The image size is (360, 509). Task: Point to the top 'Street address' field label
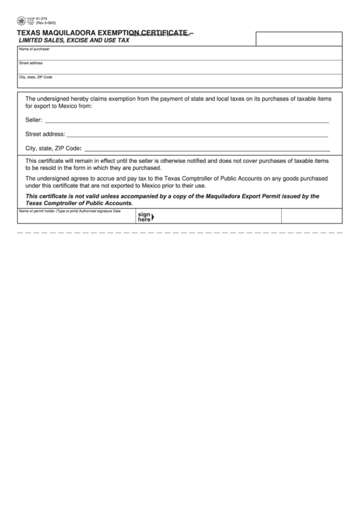point(31,63)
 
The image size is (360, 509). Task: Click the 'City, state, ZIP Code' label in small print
point(35,77)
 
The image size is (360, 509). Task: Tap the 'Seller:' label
point(34,120)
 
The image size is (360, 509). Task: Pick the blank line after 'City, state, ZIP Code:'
point(207,148)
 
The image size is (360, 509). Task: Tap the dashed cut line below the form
point(180,232)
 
